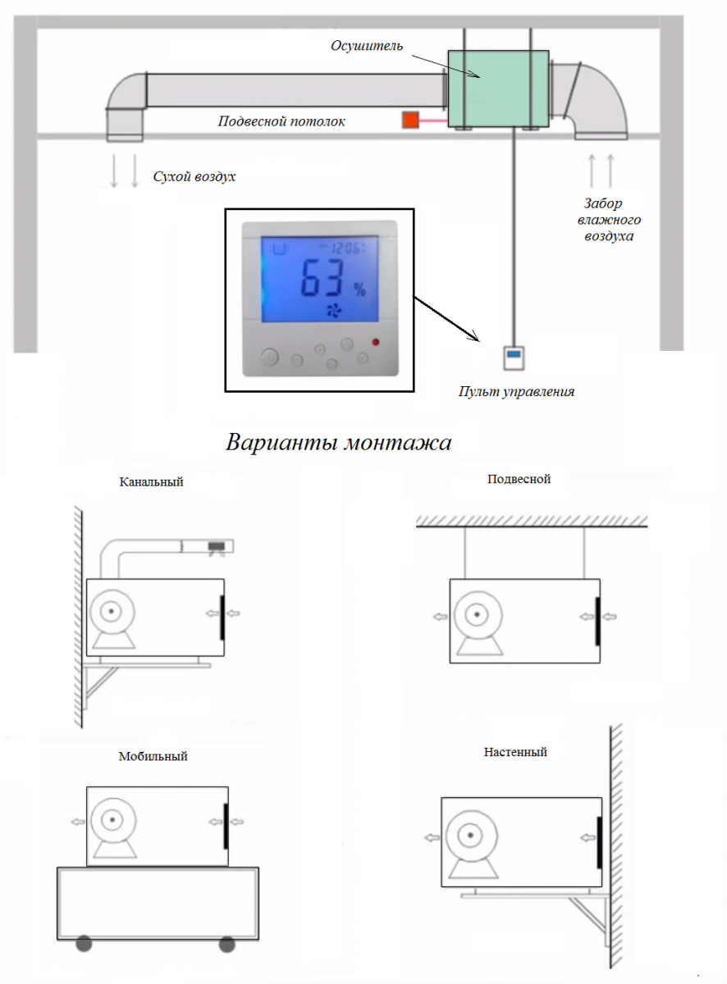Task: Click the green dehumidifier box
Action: point(498,89)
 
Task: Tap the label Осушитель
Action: point(367,46)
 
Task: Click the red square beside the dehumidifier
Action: point(410,121)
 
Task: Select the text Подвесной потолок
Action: point(281,121)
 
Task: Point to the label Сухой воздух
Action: point(194,176)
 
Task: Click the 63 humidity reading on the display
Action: point(322,278)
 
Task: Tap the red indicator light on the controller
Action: point(376,342)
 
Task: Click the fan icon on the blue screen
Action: point(333,311)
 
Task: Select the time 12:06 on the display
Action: point(346,248)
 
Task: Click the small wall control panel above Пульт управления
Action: point(514,358)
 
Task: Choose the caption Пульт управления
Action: point(516,392)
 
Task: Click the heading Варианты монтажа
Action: point(338,442)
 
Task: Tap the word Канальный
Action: point(151,482)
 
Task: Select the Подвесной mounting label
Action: point(519,479)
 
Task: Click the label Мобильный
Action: point(153,756)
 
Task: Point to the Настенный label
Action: point(515,752)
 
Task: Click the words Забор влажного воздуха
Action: point(609,220)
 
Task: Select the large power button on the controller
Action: point(270,356)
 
